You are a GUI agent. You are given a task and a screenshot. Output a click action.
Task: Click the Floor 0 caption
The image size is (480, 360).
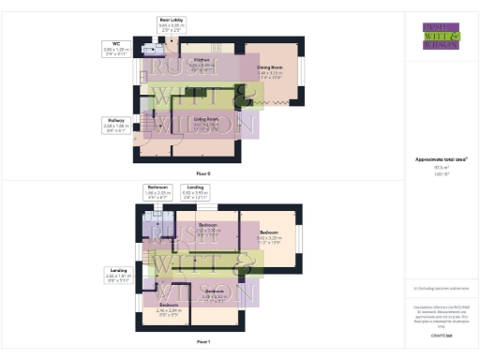(x=203, y=174)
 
